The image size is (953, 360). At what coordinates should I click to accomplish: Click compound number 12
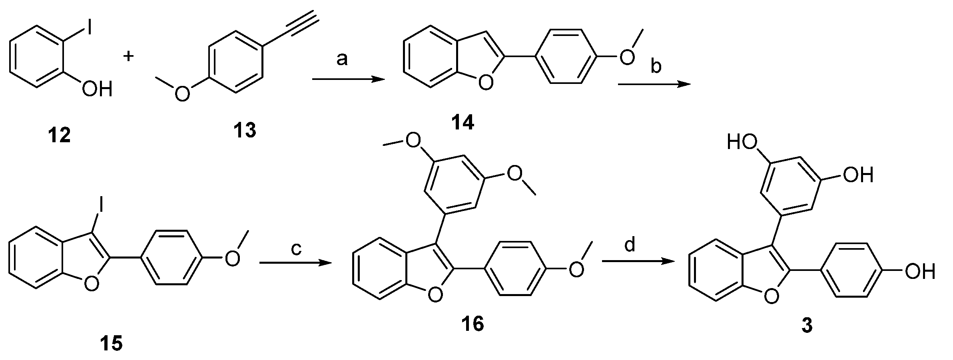pos(60,136)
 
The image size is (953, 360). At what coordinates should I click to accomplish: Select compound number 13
pos(245,130)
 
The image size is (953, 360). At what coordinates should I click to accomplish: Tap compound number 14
pos(463,123)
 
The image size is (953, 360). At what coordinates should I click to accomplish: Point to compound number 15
pos(111,343)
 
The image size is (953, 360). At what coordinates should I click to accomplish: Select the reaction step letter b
pos(656,66)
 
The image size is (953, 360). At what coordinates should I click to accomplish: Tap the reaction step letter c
pos(295,248)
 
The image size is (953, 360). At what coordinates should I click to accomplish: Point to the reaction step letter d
pos(630,245)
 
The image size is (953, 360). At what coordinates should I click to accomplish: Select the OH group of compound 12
pos(97,90)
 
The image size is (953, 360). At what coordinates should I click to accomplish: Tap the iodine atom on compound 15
pos(102,206)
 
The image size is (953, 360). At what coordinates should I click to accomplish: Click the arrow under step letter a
pos(347,80)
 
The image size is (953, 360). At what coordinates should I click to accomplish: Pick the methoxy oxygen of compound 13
pos(182,94)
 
